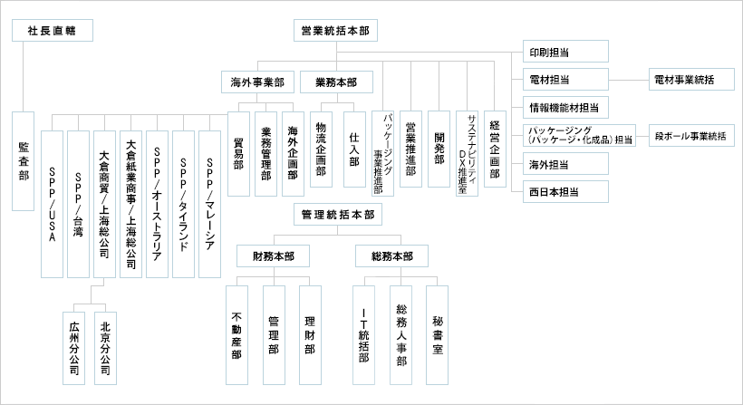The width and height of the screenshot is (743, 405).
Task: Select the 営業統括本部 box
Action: coord(334,31)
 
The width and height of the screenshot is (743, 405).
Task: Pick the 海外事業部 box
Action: coord(258,82)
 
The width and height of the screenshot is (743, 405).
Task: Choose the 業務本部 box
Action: coord(336,82)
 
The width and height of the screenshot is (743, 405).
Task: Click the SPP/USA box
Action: coord(52,203)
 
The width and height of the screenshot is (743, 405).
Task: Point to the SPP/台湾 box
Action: coord(78,203)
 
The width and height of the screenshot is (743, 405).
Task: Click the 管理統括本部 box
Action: coord(335,216)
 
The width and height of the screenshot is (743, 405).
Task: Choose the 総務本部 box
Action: coord(392,256)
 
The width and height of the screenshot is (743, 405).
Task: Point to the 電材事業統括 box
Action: coord(681,80)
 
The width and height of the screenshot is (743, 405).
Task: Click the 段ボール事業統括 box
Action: coord(693,137)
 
